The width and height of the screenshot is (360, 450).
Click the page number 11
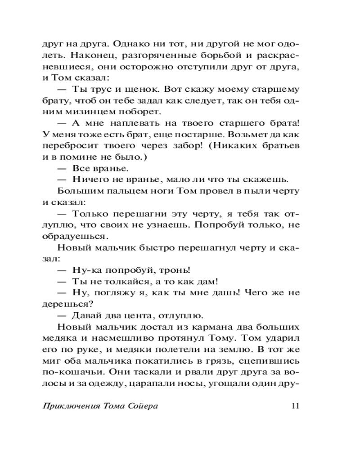[295, 406]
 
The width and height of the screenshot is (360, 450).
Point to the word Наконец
[85, 56]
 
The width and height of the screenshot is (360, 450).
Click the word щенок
[135, 89]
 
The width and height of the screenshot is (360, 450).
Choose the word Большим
[78, 190]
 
